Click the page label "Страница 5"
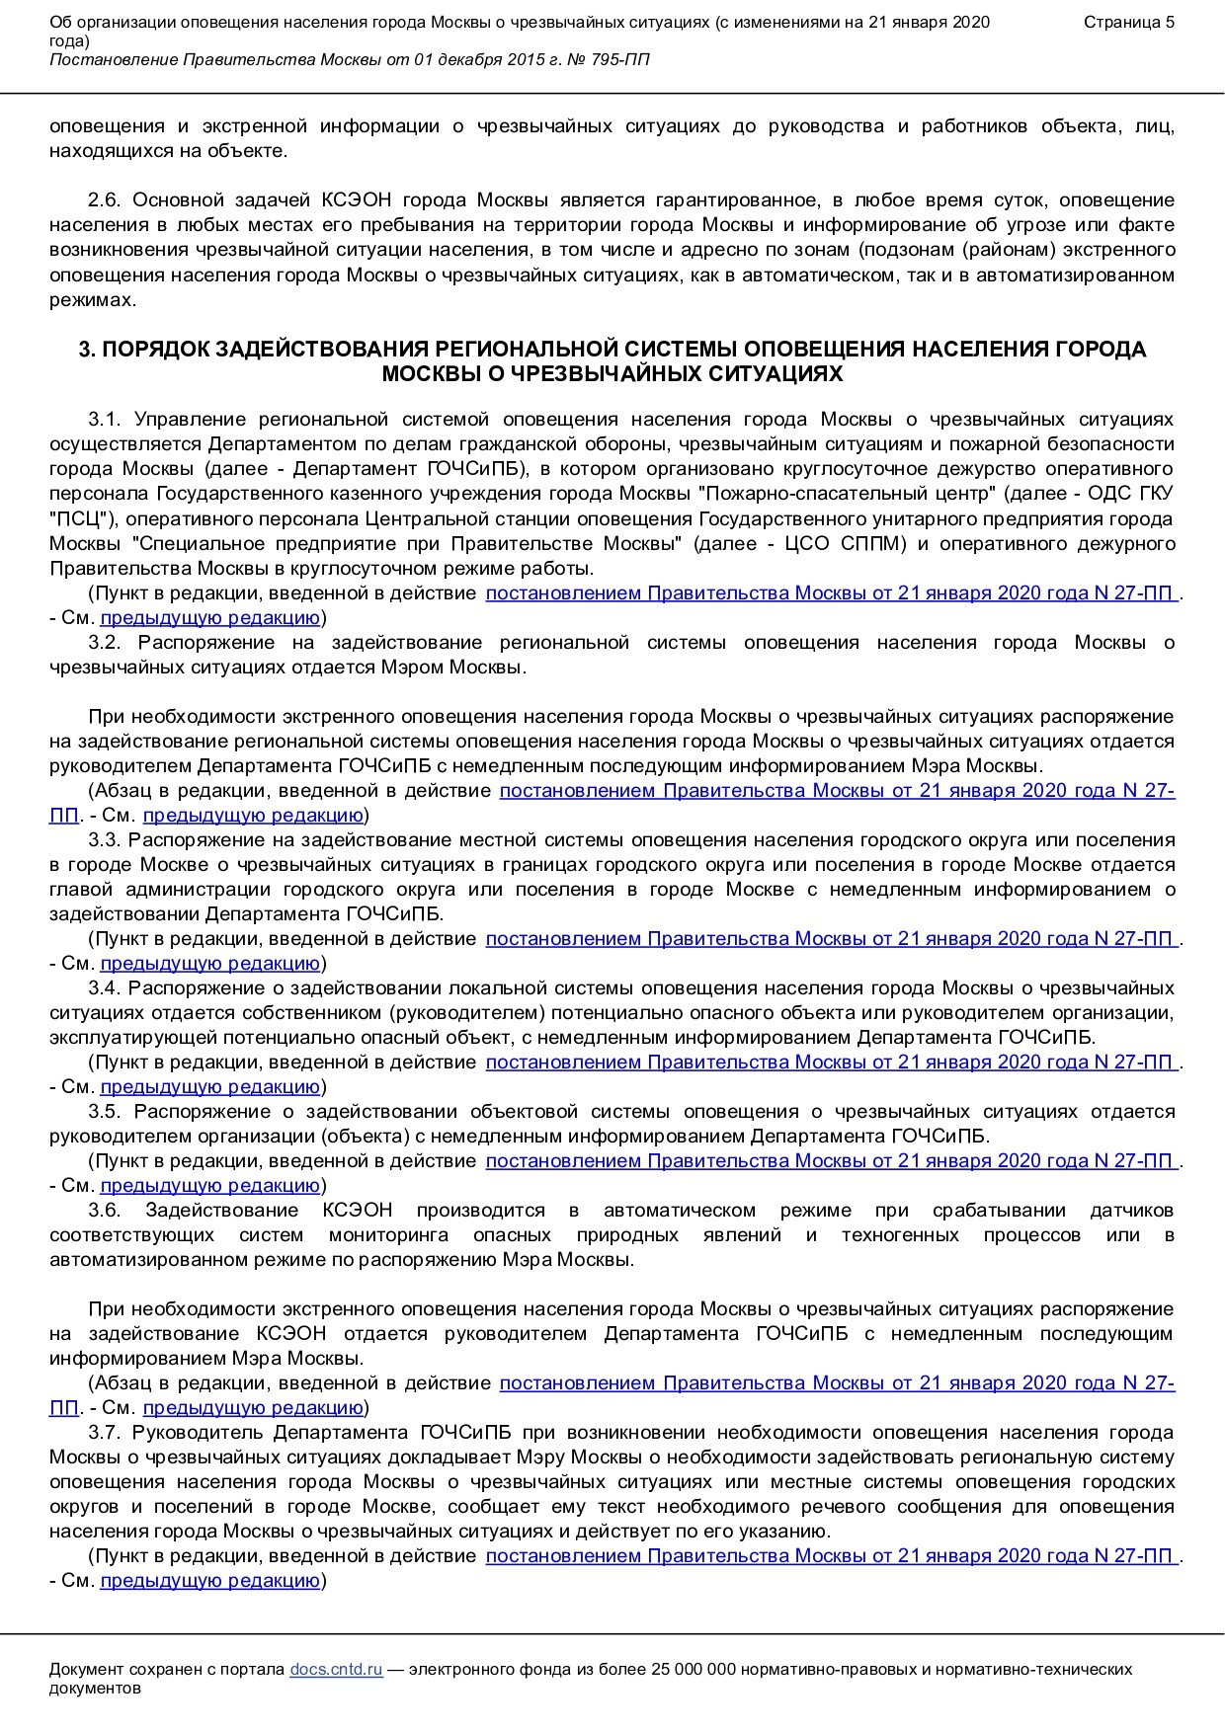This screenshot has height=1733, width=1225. click(1129, 23)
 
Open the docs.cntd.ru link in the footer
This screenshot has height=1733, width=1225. click(336, 1670)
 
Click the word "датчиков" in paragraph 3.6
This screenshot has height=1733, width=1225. click(1132, 1211)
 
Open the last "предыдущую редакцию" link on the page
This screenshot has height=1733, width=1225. click(210, 1581)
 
